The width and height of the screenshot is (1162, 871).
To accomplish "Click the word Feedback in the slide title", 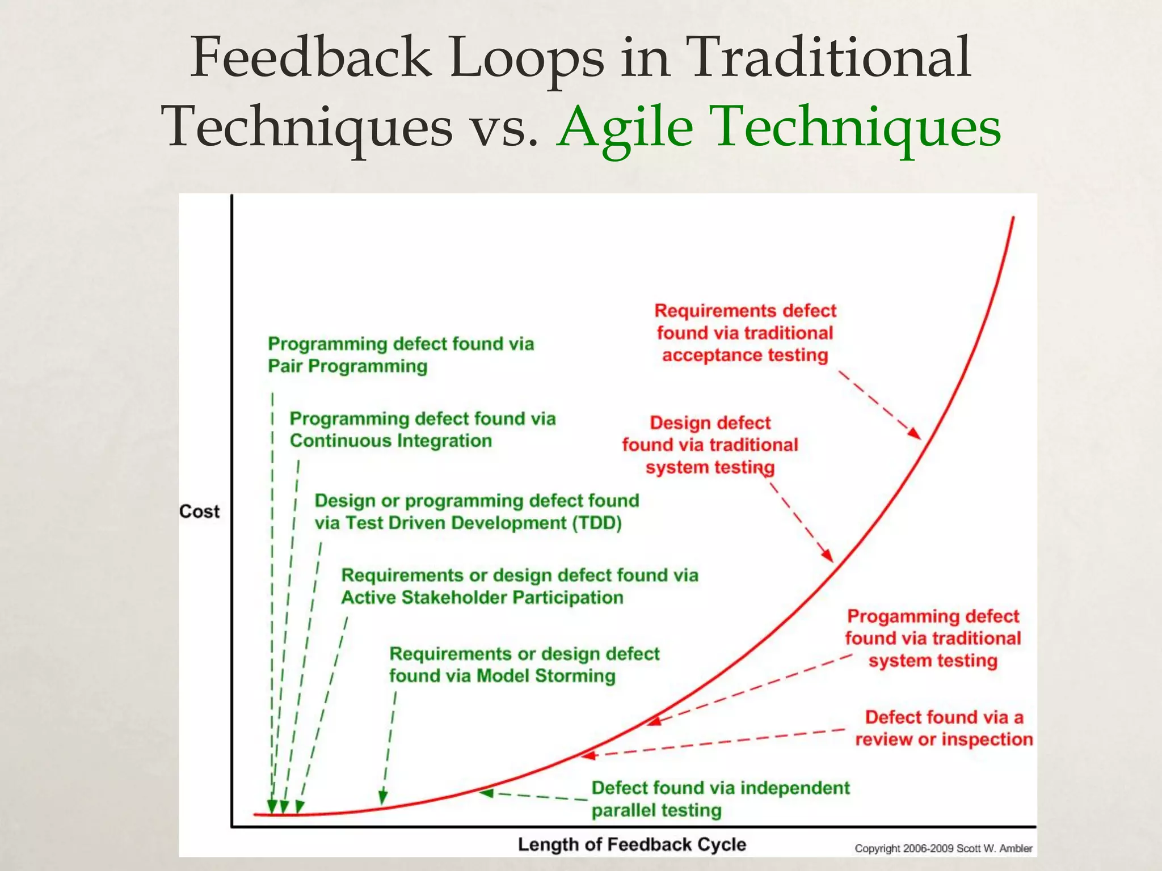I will [x=311, y=58].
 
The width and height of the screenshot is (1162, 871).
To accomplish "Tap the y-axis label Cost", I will [x=199, y=511].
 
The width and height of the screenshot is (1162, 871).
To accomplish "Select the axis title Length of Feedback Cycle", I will [x=631, y=844].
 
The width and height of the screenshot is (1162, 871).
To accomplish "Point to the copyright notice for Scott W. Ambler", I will [x=943, y=848].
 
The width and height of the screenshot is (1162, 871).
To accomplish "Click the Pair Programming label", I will [x=347, y=366].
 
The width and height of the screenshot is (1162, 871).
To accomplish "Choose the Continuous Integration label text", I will [x=390, y=441].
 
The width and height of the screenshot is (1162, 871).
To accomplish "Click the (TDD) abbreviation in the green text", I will [x=596, y=523].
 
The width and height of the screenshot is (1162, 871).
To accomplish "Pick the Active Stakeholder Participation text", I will [x=482, y=598].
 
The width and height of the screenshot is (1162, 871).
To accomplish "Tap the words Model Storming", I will [x=545, y=676].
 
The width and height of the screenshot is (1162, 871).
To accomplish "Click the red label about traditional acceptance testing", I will [x=745, y=333].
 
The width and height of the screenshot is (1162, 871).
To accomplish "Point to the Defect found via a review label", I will [x=944, y=729].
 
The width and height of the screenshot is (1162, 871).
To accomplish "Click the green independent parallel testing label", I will [x=720, y=799].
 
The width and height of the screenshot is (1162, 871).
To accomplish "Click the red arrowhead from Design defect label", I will [x=828, y=556].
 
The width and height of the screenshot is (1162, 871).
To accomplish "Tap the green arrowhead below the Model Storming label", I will [x=383, y=797].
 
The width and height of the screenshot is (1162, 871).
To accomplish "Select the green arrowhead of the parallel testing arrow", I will [x=486, y=793].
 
